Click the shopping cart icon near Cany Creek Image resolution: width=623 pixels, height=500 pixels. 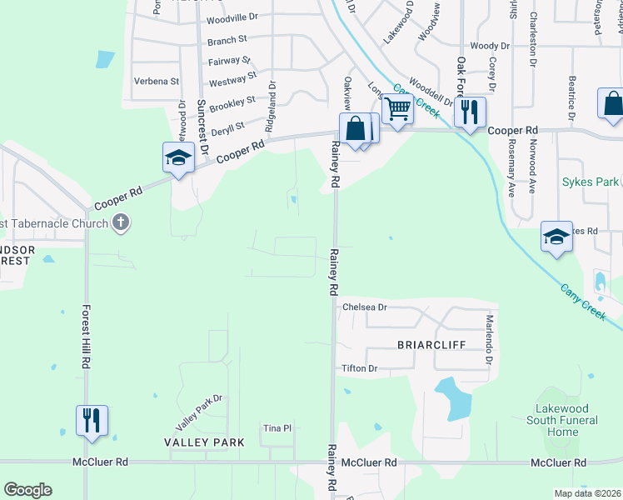(398, 108)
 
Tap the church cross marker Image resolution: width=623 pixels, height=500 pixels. (121, 222)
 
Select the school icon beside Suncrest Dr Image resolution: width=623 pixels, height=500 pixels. (178, 157)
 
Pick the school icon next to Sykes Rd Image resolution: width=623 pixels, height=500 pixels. (556, 237)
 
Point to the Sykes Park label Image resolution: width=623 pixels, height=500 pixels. (590, 182)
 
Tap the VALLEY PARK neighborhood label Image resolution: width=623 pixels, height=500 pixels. (204, 442)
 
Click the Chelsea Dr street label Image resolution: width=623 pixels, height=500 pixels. (366, 307)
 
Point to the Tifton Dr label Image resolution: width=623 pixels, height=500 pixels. (360, 368)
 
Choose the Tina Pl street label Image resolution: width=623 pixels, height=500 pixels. (277, 428)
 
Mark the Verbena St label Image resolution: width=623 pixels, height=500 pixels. (157, 81)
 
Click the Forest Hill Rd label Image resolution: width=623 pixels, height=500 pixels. (85, 337)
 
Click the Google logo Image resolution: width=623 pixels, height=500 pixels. (27, 490)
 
